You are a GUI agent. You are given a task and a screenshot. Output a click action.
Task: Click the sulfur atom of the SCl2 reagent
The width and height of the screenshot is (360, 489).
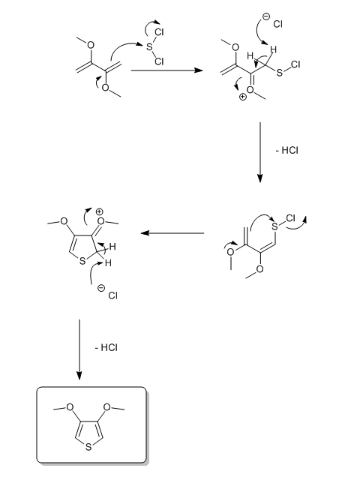(149, 47)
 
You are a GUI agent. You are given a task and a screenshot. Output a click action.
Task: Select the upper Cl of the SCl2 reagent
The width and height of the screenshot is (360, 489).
(159, 32)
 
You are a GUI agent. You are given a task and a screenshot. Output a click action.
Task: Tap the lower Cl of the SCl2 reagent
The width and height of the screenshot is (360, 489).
(159, 61)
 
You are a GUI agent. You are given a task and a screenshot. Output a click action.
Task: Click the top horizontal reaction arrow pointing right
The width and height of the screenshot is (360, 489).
(167, 70)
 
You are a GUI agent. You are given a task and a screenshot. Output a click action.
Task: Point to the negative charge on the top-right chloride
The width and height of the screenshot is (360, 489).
(265, 16)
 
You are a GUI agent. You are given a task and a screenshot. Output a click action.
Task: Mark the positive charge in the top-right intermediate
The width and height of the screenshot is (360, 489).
(243, 97)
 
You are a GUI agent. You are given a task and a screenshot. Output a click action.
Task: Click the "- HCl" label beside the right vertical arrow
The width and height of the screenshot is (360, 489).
(287, 150)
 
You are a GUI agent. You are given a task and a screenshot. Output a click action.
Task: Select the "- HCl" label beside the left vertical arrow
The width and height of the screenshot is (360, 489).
(106, 347)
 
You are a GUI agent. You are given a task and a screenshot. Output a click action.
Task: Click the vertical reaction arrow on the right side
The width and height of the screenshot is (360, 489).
(260, 152)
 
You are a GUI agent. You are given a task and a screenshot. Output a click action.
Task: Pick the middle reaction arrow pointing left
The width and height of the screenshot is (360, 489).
(172, 233)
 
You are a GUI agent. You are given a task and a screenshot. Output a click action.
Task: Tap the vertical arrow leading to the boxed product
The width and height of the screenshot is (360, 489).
(79, 349)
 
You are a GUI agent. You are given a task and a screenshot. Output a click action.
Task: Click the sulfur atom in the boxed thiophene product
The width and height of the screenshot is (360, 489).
(88, 447)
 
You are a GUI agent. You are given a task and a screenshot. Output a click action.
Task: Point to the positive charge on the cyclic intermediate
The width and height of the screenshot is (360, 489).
(99, 211)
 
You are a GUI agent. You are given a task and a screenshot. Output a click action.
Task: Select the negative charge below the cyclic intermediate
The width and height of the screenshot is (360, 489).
(101, 288)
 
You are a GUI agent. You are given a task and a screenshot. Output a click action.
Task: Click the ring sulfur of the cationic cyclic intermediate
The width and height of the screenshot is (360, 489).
(82, 261)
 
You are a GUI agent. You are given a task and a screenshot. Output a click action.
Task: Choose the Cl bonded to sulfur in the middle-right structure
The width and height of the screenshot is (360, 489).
(290, 218)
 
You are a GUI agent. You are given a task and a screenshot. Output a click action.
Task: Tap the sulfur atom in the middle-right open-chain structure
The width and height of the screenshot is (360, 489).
(274, 226)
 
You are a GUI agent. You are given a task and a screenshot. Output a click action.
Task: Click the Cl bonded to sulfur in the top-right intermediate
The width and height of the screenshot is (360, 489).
(295, 64)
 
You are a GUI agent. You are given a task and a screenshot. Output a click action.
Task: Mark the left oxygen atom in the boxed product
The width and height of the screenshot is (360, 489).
(70, 407)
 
